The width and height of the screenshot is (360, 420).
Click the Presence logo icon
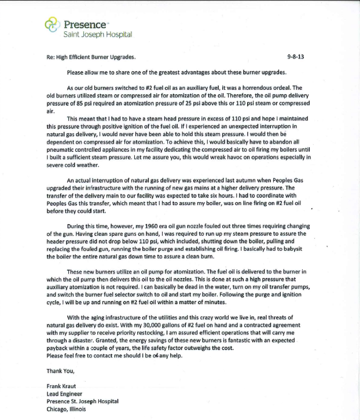53,25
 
